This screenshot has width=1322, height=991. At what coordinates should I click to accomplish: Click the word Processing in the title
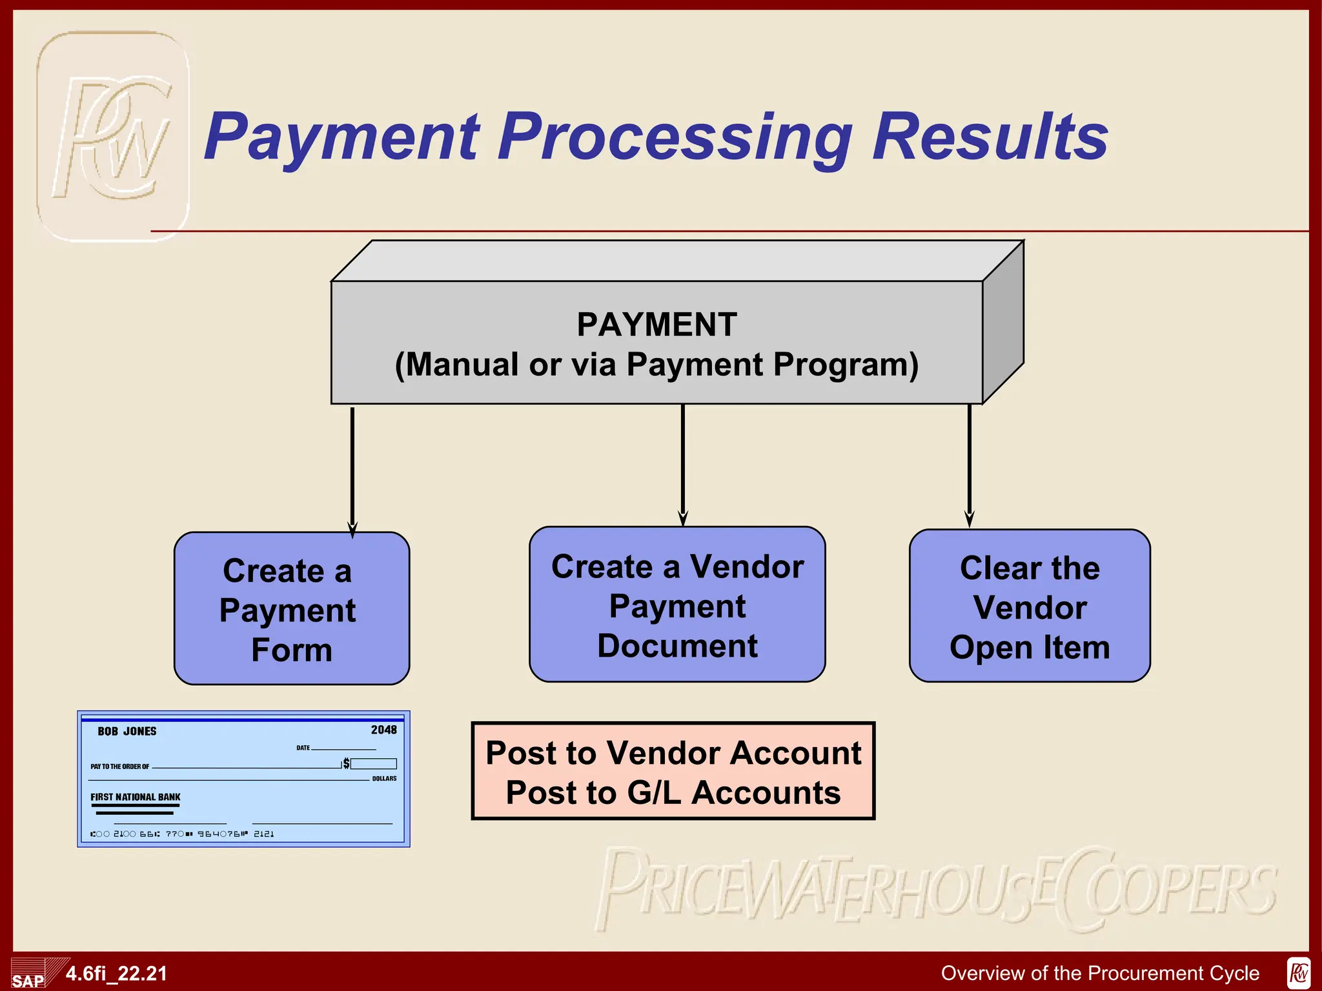pyautogui.click(x=675, y=137)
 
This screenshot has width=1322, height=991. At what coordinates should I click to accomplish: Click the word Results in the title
pyautogui.click(x=990, y=137)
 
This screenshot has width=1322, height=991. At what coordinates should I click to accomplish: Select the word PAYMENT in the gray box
pyautogui.click(x=656, y=325)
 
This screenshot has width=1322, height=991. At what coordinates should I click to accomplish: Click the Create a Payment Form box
pyautogui.click(x=292, y=608)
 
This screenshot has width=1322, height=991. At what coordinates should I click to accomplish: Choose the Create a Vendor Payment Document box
pyautogui.click(x=677, y=605)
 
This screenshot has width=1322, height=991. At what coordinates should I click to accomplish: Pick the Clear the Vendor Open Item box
pyautogui.click(x=1030, y=606)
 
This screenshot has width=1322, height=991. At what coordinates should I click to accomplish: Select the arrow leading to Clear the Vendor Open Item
pyautogui.click(x=970, y=465)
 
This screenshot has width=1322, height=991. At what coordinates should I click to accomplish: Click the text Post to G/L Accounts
pyautogui.click(x=673, y=792)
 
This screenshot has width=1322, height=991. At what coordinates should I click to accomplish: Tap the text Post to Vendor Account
pyautogui.click(x=673, y=753)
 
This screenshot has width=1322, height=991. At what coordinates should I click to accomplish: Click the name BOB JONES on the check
pyautogui.click(x=127, y=731)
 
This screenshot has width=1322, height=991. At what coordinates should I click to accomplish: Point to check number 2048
pyautogui.click(x=383, y=730)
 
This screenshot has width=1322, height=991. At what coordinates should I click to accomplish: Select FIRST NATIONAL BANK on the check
pyautogui.click(x=136, y=797)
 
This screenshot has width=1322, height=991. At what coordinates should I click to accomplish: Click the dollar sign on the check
pyautogui.click(x=347, y=764)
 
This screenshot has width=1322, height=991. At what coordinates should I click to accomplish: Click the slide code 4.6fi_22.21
pyautogui.click(x=116, y=974)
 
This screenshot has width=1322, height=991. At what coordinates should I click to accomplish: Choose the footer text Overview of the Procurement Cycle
pyautogui.click(x=1100, y=973)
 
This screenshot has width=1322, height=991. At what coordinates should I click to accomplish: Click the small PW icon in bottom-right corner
pyautogui.click(x=1299, y=973)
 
